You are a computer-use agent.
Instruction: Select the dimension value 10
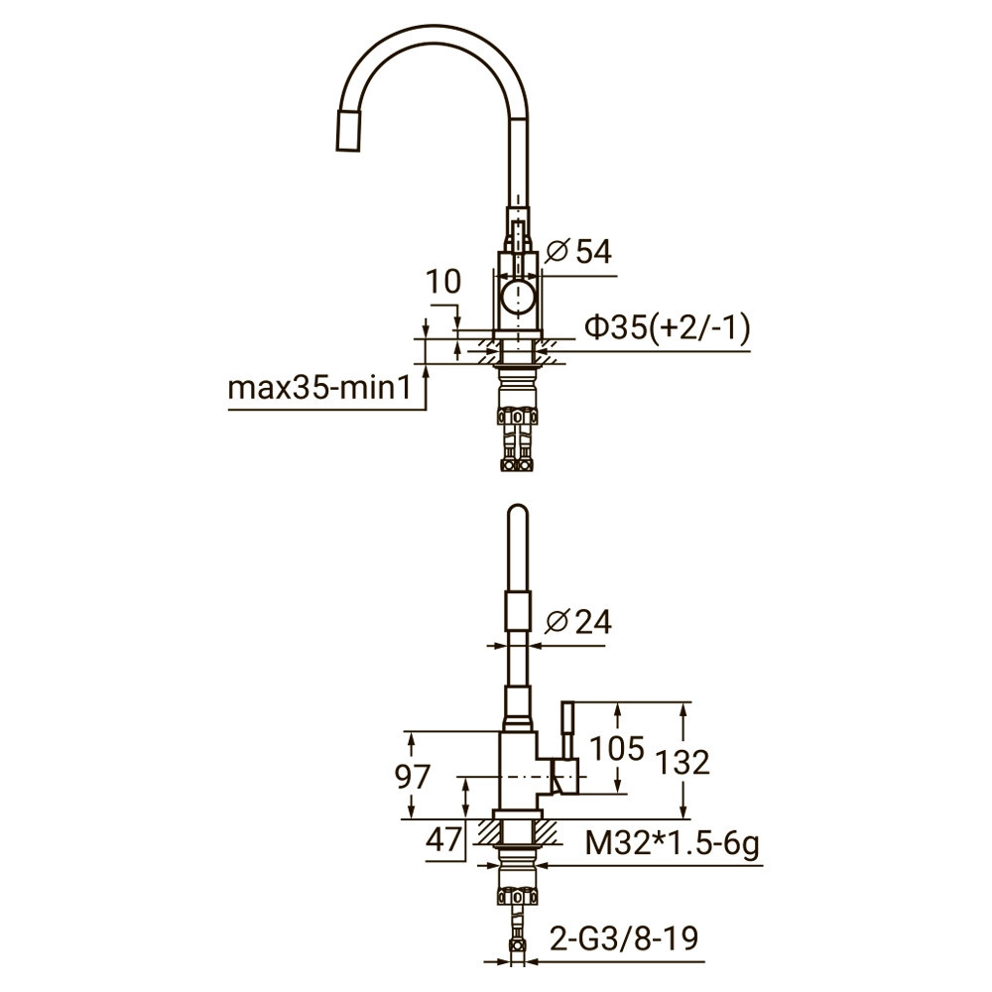point(443,282)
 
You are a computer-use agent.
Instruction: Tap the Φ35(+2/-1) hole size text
point(666,328)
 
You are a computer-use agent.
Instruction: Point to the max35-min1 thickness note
point(318,387)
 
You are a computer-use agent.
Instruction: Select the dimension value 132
point(682,762)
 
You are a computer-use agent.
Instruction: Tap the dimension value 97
point(414,777)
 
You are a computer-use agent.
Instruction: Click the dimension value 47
point(442,839)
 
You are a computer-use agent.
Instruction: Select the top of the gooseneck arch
point(427,35)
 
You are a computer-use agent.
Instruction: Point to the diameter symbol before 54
point(556,252)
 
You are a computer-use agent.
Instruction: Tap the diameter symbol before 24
point(558,623)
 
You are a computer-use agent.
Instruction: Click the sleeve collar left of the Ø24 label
point(517,607)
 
